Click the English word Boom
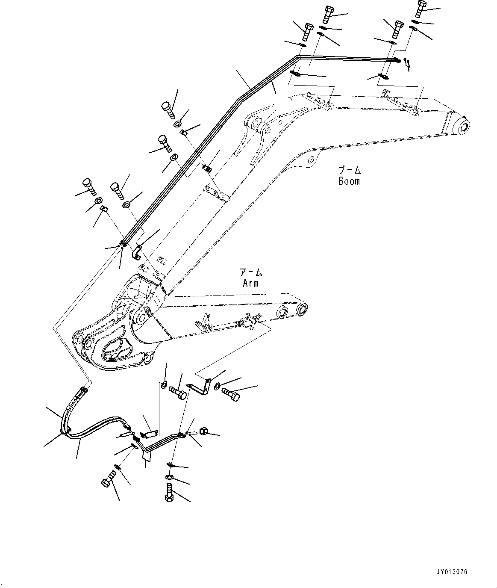coord(349,181)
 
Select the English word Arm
coord(250,283)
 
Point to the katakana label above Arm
coord(250,273)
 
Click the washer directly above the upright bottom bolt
coord(169,477)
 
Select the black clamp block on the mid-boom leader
coord(207,168)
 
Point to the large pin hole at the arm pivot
coord(141,318)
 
